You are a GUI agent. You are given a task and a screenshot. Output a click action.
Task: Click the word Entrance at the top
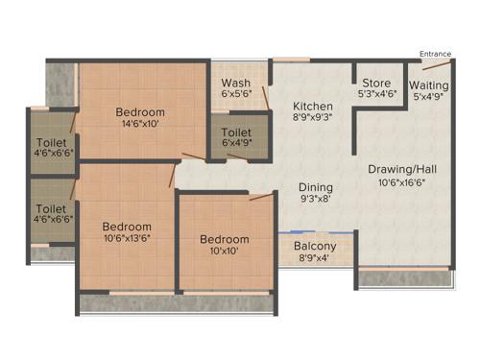[435, 54]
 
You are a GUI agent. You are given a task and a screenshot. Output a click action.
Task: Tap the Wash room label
[236, 83]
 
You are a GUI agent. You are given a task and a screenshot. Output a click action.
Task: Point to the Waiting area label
[428, 84]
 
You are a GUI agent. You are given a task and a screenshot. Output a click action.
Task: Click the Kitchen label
[313, 107]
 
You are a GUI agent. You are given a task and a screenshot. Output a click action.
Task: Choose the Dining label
[315, 188]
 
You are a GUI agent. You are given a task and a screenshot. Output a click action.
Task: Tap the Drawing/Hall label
[401, 170]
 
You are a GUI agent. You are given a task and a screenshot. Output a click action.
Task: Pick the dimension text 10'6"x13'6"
[127, 239]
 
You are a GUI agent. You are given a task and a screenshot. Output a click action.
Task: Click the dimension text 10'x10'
[224, 252]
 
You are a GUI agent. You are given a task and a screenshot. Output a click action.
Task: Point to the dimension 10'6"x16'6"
[401, 182]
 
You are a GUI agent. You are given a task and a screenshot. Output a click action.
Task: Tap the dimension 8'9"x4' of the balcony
[315, 259]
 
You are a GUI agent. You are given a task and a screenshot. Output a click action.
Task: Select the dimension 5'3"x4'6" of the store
[377, 95]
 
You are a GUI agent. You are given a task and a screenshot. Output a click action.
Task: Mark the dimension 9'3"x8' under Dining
[315, 201]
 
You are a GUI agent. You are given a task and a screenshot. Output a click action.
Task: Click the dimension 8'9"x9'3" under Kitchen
[313, 119]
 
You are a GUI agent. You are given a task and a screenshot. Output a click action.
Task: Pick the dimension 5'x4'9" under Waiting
[428, 96]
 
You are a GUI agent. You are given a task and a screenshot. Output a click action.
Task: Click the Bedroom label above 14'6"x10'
[140, 112]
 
